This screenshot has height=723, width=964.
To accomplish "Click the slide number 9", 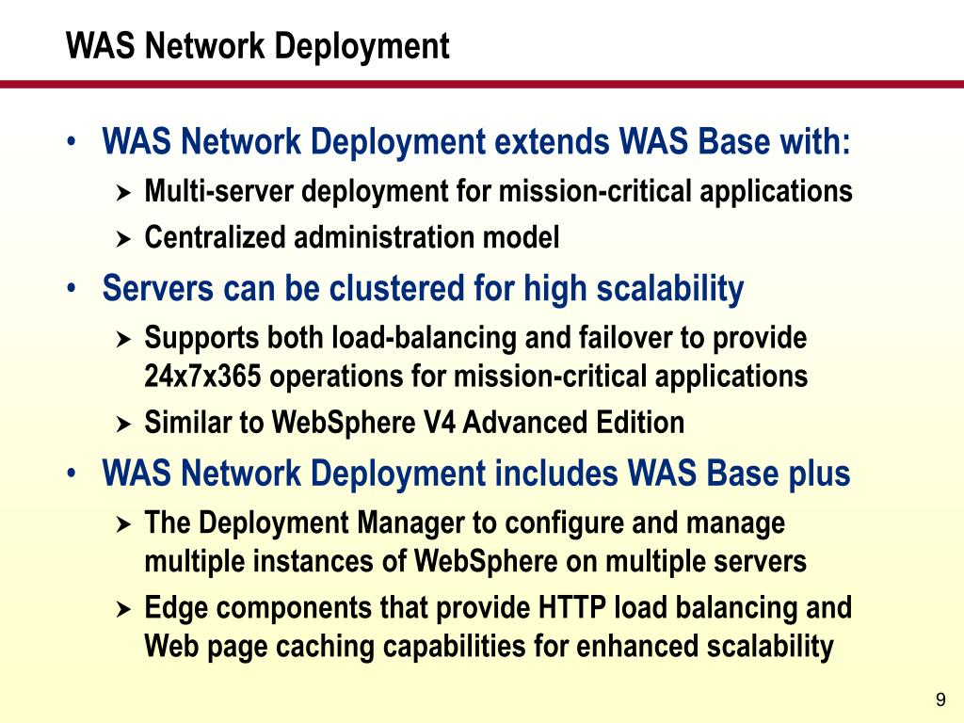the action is point(940,699).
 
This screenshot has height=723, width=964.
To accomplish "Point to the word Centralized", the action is point(216,238).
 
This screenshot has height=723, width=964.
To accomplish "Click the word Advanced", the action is point(511,423).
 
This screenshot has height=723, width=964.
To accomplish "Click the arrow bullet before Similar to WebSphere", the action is point(122,425).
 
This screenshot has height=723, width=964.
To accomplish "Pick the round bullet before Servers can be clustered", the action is point(72,289).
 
